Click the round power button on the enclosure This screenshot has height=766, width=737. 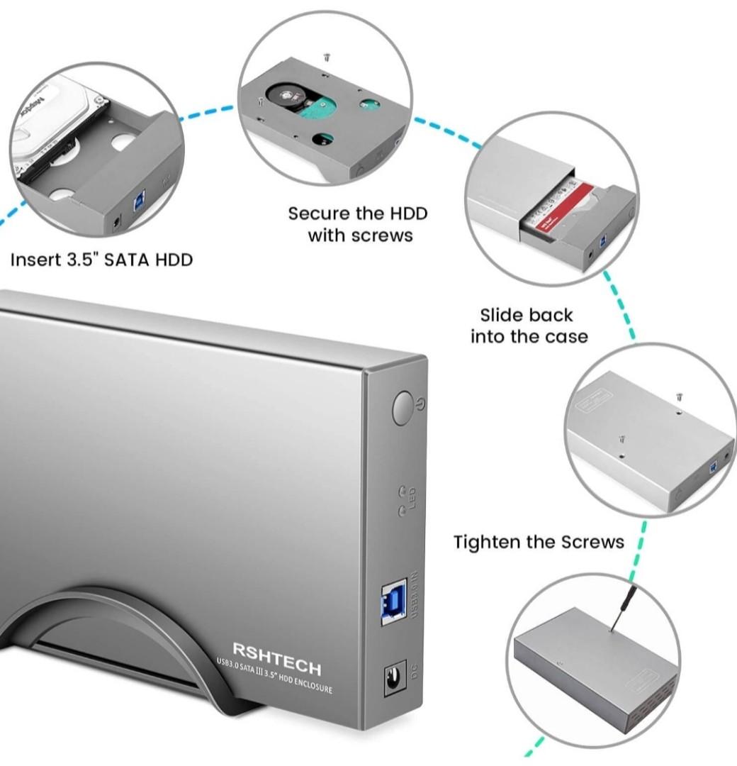pos(403,408)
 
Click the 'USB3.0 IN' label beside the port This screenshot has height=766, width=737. pos(415,594)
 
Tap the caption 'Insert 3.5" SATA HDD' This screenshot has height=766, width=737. pos(101,260)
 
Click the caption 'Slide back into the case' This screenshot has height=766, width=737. pos(529,326)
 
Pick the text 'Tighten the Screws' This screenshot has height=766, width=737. pos(539,543)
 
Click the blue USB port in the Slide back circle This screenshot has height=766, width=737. pos(603,240)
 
